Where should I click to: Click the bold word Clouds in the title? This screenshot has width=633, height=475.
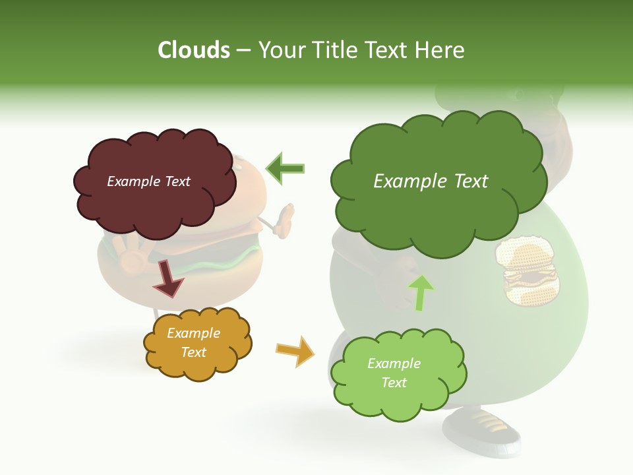tap(194, 49)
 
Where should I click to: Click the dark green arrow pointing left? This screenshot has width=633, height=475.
tap(286, 168)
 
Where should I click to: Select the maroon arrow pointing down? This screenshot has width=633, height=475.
tap(167, 278)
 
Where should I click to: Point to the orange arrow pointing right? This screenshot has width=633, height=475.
tap(296, 351)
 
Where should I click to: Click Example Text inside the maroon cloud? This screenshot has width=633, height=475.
tap(148, 181)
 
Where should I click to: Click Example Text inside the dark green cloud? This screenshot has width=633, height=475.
tap(431, 181)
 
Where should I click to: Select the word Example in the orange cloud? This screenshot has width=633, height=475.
tap(193, 333)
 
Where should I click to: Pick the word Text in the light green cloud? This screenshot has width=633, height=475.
tap(394, 383)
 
